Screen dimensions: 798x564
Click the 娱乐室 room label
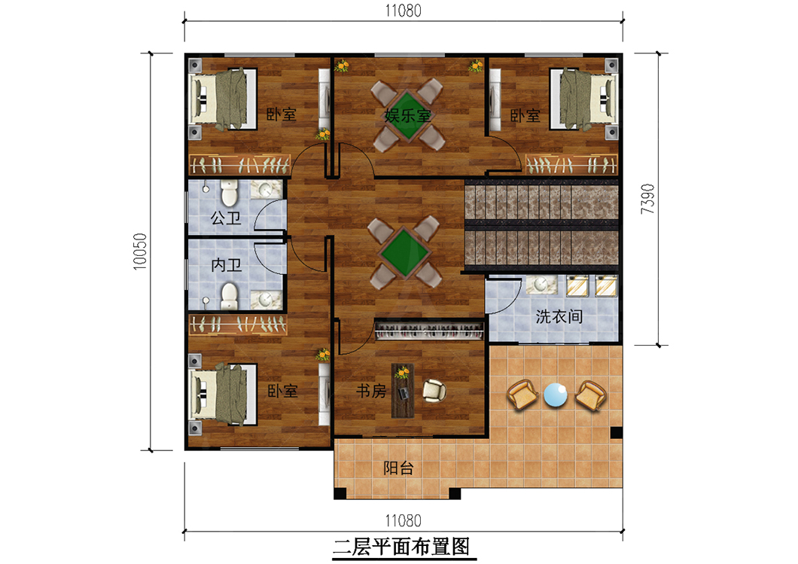[x=407, y=115]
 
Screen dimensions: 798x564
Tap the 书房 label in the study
[x=371, y=391]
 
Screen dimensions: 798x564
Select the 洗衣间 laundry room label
[x=559, y=316]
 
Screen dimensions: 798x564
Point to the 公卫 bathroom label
[x=226, y=218]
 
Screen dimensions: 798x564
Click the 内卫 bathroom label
[x=226, y=265]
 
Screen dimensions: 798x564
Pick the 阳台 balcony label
[x=398, y=468]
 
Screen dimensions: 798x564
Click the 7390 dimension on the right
[x=647, y=199]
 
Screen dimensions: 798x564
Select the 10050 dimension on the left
[x=140, y=252]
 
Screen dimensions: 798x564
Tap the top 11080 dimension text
[x=403, y=11]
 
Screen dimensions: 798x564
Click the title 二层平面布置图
[x=401, y=547]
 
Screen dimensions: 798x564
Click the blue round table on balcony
[x=556, y=395]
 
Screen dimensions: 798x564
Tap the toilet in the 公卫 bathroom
[x=229, y=192]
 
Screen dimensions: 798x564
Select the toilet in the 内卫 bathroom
[x=229, y=296]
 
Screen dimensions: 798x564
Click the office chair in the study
[x=434, y=390]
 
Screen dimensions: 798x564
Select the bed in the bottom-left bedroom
[x=222, y=394]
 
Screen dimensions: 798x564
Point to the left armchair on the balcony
[x=522, y=395]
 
